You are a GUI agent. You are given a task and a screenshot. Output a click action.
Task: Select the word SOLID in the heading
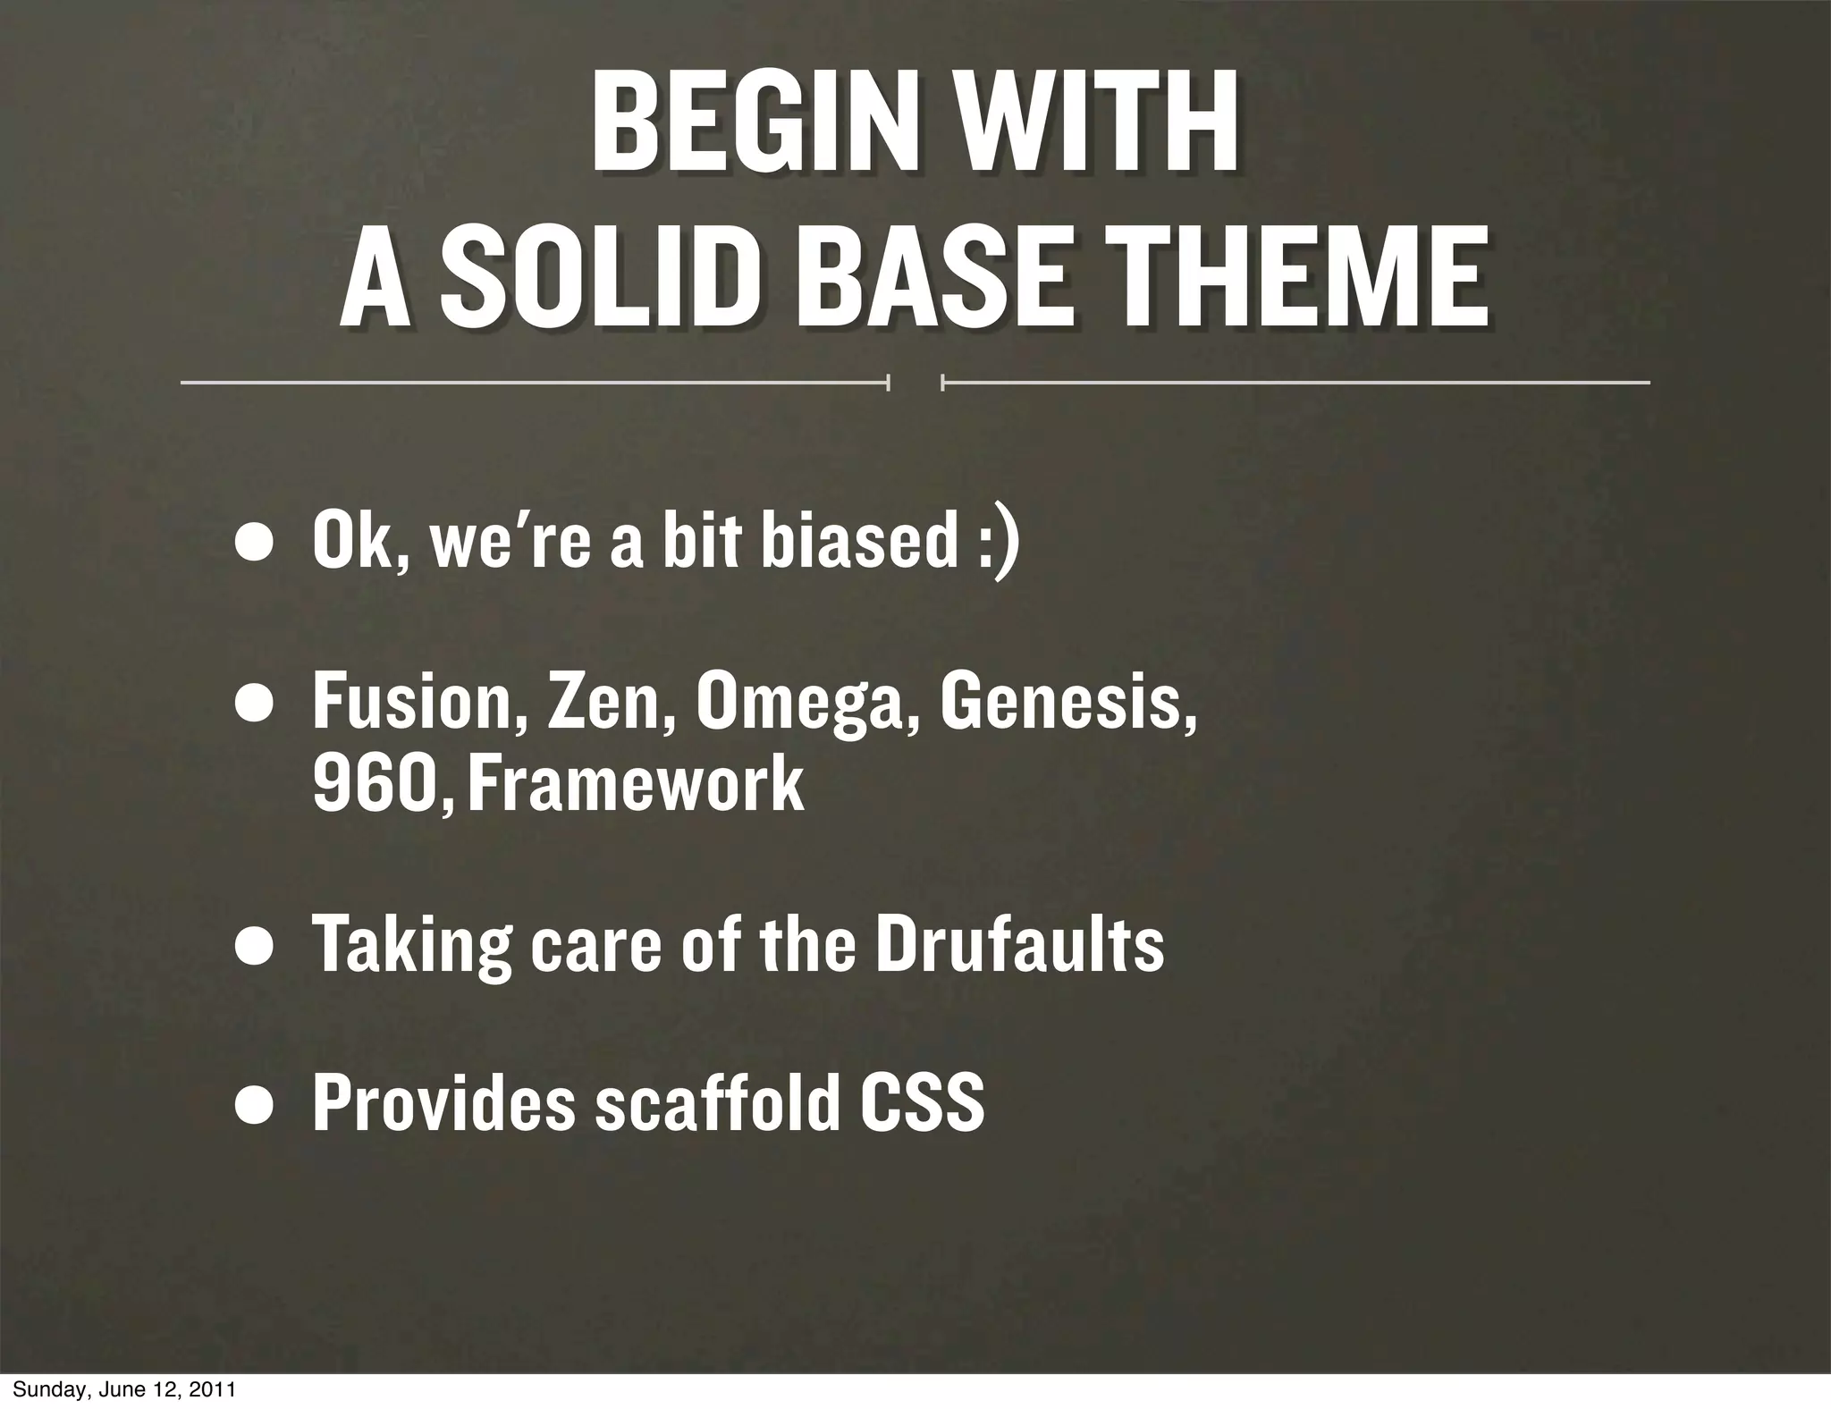[595, 277]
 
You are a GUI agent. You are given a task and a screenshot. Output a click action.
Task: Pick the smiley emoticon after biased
[998, 544]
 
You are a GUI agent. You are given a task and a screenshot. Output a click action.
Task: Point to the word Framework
[636, 783]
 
